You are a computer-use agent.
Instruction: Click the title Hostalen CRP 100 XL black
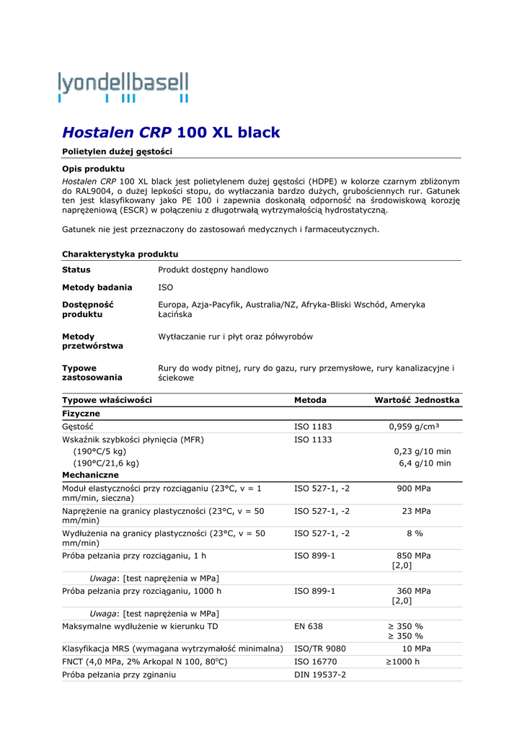[171, 133]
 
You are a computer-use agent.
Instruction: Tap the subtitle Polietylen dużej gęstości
[117, 151]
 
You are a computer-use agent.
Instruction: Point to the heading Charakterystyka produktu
[120, 254]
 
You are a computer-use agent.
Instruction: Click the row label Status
[76, 270]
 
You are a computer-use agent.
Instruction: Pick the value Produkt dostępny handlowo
[213, 270]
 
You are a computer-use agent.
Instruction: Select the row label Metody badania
[97, 287]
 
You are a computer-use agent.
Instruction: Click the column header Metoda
[310, 400]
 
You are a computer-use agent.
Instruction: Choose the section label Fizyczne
[81, 414]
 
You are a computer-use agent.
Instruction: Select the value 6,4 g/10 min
[425, 463]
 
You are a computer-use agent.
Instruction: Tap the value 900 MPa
[414, 489]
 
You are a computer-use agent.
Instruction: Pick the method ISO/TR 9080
[320, 649]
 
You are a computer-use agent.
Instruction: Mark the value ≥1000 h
[402, 662]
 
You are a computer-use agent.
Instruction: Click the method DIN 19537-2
[320, 675]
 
